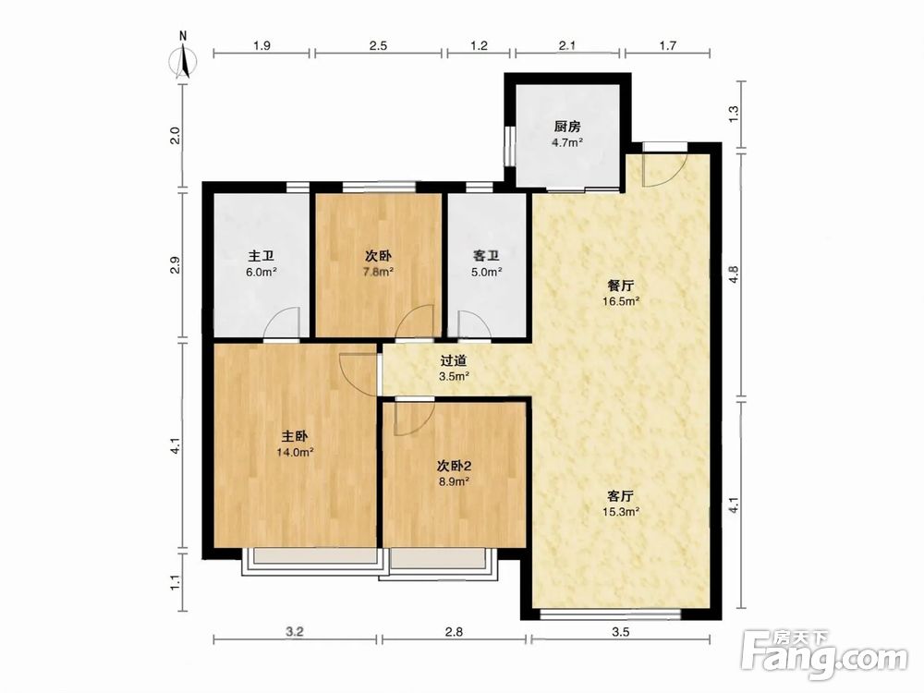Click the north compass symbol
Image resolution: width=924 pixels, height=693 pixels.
[x=183, y=61]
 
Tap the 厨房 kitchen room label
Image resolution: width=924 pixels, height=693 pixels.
[x=567, y=126]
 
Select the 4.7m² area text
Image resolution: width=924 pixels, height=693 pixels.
[x=567, y=142]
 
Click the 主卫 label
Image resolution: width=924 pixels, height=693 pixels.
[x=261, y=256]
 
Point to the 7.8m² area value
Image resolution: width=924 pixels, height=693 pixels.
[x=378, y=272]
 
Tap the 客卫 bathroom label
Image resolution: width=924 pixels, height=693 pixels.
[x=487, y=256]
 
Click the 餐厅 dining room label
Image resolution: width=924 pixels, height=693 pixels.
[x=621, y=286]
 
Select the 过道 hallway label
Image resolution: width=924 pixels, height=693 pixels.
[x=454, y=360]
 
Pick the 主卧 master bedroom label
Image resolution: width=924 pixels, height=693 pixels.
[x=295, y=437]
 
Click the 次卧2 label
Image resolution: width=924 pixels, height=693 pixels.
[x=454, y=466]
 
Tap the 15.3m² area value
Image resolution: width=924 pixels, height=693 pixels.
[x=621, y=512]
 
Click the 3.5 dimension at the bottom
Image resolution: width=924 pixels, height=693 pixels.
[x=621, y=632]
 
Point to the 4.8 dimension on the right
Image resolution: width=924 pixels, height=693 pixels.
[x=734, y=275]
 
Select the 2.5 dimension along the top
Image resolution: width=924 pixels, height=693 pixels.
[x=378, y=45]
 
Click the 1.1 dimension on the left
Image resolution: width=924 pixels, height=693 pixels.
[x=175, y=582]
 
